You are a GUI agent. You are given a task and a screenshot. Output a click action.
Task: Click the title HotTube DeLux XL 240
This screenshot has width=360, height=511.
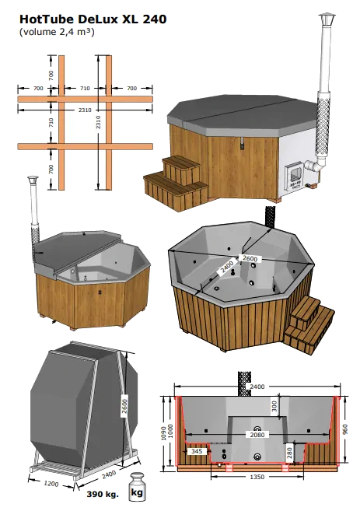93,19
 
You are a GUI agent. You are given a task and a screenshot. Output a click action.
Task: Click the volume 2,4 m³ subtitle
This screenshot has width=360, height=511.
57,32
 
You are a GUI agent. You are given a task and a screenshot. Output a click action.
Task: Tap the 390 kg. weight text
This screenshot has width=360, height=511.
103,495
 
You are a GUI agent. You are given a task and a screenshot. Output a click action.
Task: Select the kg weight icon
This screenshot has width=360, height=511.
137,488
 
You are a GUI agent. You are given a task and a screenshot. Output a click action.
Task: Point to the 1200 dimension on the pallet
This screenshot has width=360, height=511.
51,483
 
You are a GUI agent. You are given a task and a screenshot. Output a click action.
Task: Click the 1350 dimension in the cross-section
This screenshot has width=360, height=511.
257,477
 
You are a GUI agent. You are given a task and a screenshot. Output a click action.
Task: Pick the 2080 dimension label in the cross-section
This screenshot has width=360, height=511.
257,435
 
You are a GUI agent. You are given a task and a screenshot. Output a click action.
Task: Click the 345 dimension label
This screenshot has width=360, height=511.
197,451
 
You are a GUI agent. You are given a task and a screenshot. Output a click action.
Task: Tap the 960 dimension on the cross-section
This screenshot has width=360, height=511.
345,429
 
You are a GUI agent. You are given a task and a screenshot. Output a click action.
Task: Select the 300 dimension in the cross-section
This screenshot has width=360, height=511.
274,406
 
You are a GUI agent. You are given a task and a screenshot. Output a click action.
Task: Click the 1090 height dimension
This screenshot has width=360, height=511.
164,432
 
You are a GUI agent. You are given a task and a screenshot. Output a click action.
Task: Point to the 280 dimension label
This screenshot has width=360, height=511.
289,453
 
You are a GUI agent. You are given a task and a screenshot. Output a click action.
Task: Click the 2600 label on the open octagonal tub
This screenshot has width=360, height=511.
250,258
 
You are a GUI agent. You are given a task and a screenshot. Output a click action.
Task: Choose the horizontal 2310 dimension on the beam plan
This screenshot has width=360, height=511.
85,110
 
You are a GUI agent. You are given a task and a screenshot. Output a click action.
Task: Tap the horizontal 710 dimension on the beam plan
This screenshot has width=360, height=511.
85,89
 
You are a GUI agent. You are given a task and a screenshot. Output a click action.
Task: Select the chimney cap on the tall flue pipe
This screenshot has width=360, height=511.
327,19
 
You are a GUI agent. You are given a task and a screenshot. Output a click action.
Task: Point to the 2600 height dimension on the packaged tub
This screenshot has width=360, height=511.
124,406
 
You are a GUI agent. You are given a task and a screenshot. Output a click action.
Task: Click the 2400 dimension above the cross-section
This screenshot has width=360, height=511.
257,387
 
